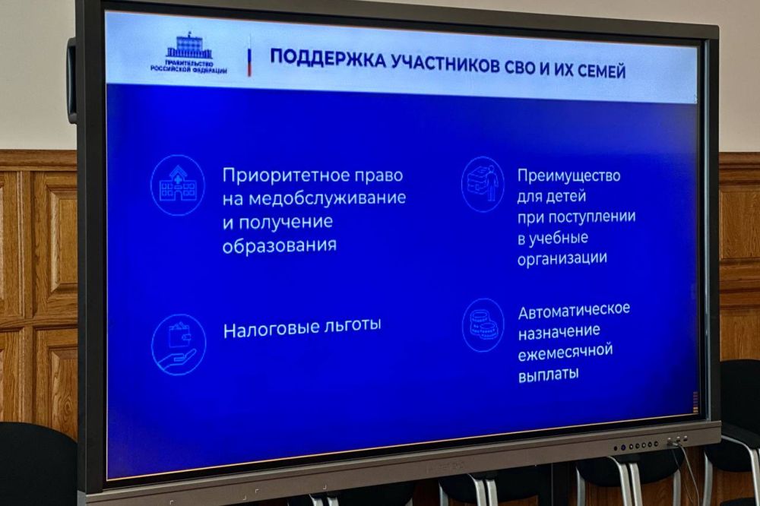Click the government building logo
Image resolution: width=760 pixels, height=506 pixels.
(x=189, y=45)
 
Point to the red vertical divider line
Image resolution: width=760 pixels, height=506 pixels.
(x=249, y=61)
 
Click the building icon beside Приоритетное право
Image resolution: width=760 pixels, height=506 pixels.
(x=178, y=185)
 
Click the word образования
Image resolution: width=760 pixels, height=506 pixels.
(x=279, y=246)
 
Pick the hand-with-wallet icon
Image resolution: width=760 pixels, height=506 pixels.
(x=179, y=344)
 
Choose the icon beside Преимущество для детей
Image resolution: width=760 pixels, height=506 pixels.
(x=483, y=183)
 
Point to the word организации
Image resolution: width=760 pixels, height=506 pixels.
(x=562, y=258)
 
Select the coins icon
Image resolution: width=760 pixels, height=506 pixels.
(x=483, y=324)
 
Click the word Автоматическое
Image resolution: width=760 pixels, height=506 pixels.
(x=574, y=311)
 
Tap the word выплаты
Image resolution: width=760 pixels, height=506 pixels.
(x=548, y=373)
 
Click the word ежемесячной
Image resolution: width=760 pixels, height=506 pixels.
(x=565, y=353)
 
